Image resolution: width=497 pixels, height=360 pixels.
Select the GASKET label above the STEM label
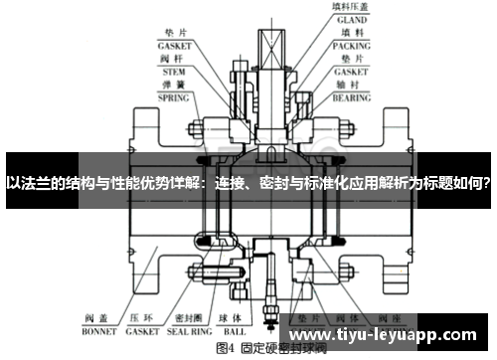(175, 45)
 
